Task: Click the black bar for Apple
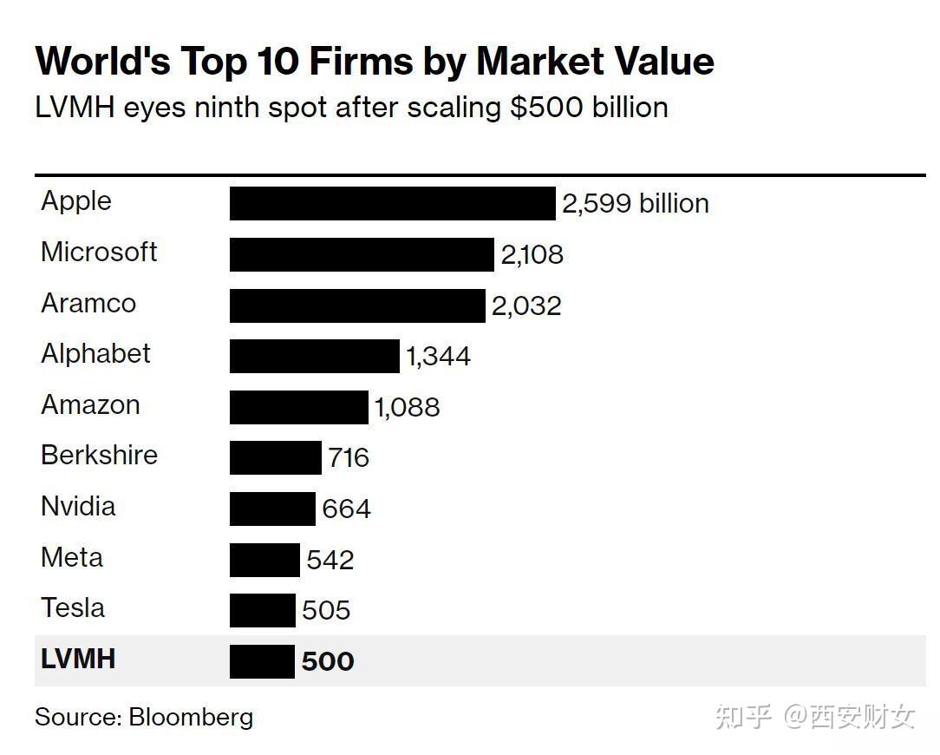click(392, 203)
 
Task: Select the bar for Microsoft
click(362, 254)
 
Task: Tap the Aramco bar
click(357, 305)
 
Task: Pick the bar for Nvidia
click(272, 509)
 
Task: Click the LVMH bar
click(262, 661)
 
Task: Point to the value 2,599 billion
click(635, 204)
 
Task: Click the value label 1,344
click(438, 357)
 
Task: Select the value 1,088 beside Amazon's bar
click(407, 407)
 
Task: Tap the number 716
click(349, 457)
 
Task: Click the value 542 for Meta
click(330, 560)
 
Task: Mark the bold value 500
click(328, 662)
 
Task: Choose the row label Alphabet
click(95, 354)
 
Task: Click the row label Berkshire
click(99, 456)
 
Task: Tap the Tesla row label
click(73, 608)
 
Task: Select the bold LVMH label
click(78, 659)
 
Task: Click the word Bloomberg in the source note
click(191, 717)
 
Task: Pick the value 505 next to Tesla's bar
click(326, 611)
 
